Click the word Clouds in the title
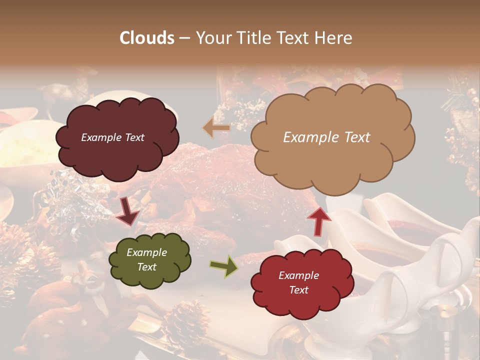click(x=147, y=38)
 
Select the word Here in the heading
click(x=334, y=38)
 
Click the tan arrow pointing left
click(x=216, y=128)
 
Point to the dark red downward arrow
click(x=127, y=212)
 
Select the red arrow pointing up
click(x=319, y=220)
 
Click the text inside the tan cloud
click(x=326, y=137)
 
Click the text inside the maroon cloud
click(x=112, y=137)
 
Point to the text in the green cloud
click(x=146, y=260)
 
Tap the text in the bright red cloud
click(x=298, y=282)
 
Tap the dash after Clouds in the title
click(x=184, y=38)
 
